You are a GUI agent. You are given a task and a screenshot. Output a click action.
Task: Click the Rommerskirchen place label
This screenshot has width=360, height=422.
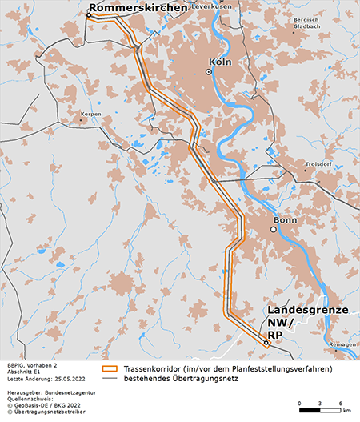138,8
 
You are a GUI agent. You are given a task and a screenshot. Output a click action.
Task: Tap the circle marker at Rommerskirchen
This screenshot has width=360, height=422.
89,15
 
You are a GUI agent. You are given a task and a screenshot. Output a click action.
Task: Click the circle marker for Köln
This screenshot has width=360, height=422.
209,72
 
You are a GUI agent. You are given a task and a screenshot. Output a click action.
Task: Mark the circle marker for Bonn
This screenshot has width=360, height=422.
273,230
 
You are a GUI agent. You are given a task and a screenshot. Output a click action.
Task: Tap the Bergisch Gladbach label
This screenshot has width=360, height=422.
306,22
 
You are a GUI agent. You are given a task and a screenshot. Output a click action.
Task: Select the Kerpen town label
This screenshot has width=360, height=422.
89,115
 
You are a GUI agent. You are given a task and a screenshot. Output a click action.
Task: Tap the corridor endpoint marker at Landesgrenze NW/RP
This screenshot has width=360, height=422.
266,342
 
